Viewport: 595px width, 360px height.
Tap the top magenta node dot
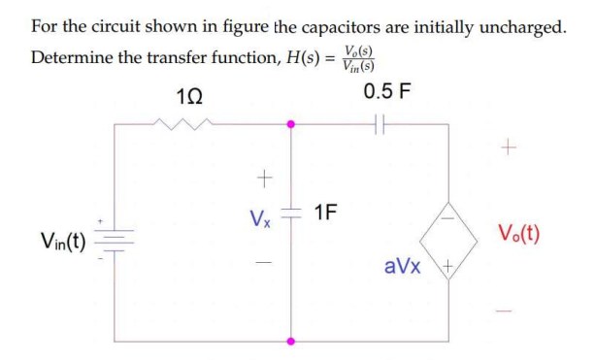(289, 124)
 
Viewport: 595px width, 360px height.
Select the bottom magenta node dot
(289, 341)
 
